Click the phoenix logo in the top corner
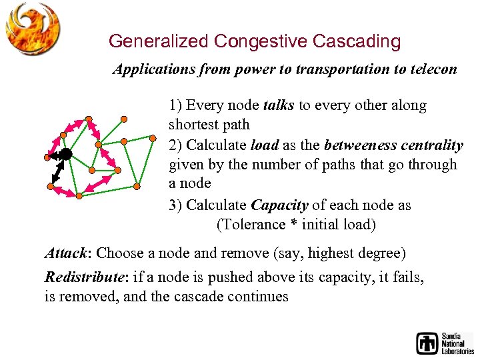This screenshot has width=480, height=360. click(x=33, y=28)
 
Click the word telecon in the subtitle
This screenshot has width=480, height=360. click(x=433, y=69)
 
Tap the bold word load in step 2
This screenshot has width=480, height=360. click(x=263, y=145)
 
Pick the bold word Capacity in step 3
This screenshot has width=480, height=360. click(x=279, y=205)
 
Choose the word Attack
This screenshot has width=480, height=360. click(x=66, y=253)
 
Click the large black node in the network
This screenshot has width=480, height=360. click(x=66, y=154)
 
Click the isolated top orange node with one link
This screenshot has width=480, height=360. click(x=124, y=119)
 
